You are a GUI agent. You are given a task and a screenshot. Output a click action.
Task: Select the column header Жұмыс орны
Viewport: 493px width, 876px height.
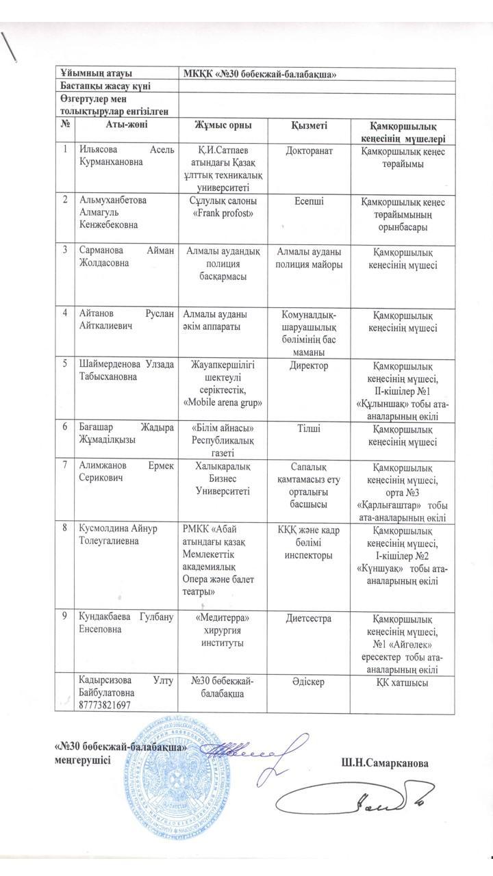[x=220, y=125]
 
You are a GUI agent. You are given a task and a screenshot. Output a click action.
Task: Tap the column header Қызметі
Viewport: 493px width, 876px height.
[x=309, y=125]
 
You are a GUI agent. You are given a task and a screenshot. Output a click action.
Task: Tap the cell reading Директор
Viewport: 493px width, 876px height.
[x=309, y=366]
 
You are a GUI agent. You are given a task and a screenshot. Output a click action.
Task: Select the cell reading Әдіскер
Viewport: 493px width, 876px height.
[x=309, y=681]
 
